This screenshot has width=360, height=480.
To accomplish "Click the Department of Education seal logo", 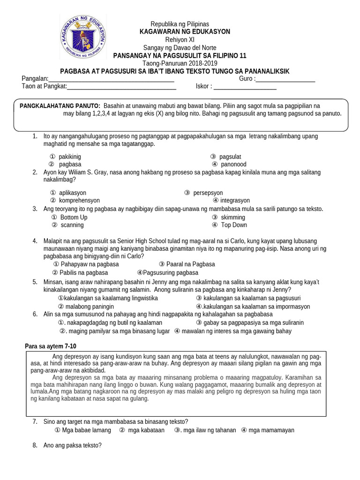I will click(82, 39).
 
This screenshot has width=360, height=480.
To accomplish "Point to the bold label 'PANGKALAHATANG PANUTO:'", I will click(60, 106).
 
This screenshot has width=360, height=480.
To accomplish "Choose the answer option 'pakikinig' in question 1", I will click(69, 157).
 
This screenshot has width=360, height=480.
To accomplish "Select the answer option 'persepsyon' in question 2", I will click(208, 193).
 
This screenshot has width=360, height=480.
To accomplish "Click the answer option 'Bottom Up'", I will click(74, 217).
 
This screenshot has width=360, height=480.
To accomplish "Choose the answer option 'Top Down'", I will click(233, 225).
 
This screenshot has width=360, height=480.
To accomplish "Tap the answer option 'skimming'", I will click(232, 217).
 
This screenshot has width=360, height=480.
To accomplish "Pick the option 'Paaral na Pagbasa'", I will click(190, 264).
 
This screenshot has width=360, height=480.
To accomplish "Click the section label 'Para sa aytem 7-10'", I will click(50, 346).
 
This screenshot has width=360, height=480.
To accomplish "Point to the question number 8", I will click(35, 445).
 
